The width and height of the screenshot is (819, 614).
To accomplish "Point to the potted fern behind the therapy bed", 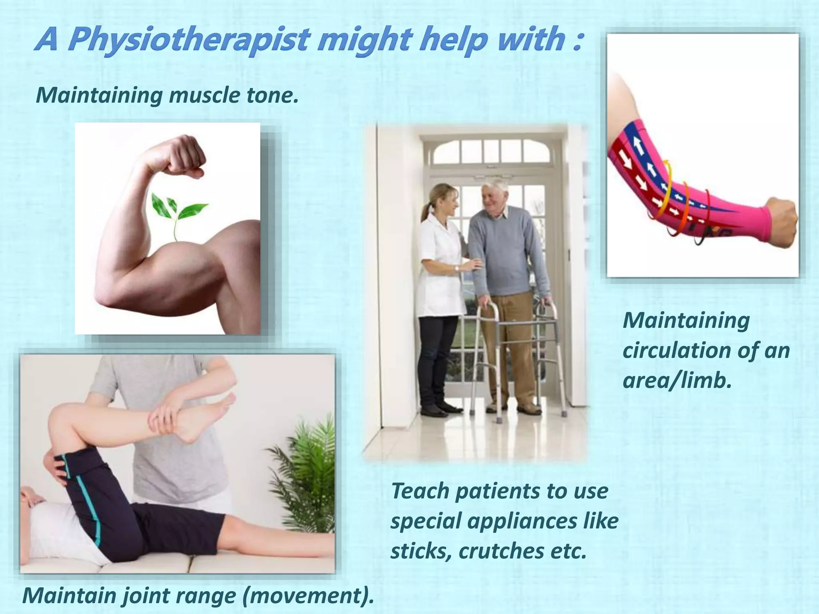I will [x=308, y=472].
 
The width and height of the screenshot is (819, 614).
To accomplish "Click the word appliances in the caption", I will [x=522, y=521].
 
